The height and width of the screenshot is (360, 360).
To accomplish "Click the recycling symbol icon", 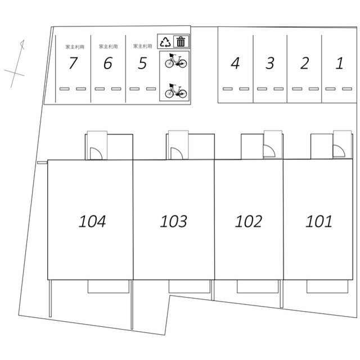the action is click(x=165, y=42).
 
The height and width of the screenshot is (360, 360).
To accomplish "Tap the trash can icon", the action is click(x=181, y=42).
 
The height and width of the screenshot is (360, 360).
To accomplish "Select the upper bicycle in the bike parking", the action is click(x=176, y=61).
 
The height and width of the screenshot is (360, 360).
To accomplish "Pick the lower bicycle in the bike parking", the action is click(x=176, y=91).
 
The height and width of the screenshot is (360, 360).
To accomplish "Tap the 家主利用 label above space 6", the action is click(x=108, y=47).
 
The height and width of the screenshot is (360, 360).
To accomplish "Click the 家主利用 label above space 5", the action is click(x=142, y=46).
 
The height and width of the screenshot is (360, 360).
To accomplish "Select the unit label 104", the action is click(x=92, y=221).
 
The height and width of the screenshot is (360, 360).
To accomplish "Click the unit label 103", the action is click(x=174, y=221).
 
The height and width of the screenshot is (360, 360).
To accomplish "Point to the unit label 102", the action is click(x=249, y=221).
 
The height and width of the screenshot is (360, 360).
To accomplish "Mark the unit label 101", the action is click(x=319, y=221).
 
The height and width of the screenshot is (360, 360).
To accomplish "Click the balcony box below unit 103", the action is click(x=190, y=286).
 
